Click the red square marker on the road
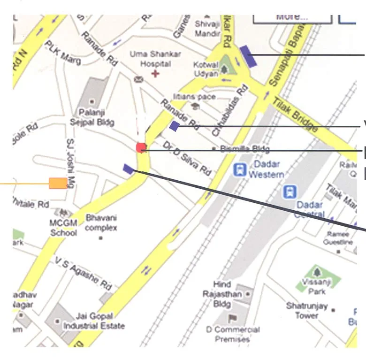coord(141,147)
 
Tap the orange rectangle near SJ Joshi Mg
coord(58,183)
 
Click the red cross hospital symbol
coord(155,73)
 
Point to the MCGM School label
coord(64,227)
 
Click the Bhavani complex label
coord(101,223)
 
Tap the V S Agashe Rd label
coord(83,274)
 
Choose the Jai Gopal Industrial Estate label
coord(94,321)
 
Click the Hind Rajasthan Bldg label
coord(222,294)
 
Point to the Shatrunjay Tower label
coord(307,310)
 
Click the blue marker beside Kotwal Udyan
coord(248,56)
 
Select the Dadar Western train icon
coord(240,169)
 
